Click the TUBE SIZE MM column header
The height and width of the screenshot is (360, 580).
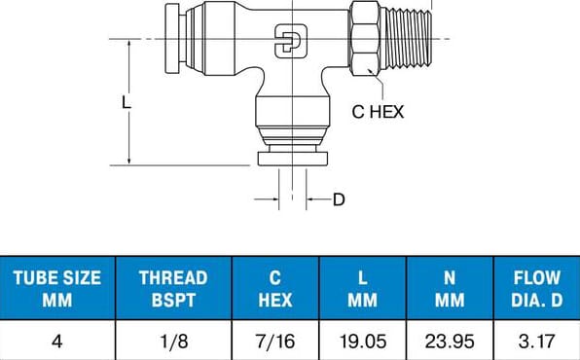(57, 288)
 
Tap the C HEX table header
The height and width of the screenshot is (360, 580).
(275, 288)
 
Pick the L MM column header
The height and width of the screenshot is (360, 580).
(362, 288)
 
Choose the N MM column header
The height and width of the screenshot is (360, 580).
(450, 288)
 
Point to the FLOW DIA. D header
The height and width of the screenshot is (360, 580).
(537, 288)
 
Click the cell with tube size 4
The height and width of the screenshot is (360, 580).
(57, 342)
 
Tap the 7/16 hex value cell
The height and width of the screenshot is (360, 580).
(275, 342)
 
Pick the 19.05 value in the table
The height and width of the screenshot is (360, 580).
(362, 342)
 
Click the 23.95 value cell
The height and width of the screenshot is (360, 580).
(450, 342)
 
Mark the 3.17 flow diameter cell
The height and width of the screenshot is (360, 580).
(537, 342)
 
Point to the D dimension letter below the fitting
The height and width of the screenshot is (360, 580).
(339, 199)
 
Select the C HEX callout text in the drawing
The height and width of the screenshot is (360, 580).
(377, 112)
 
